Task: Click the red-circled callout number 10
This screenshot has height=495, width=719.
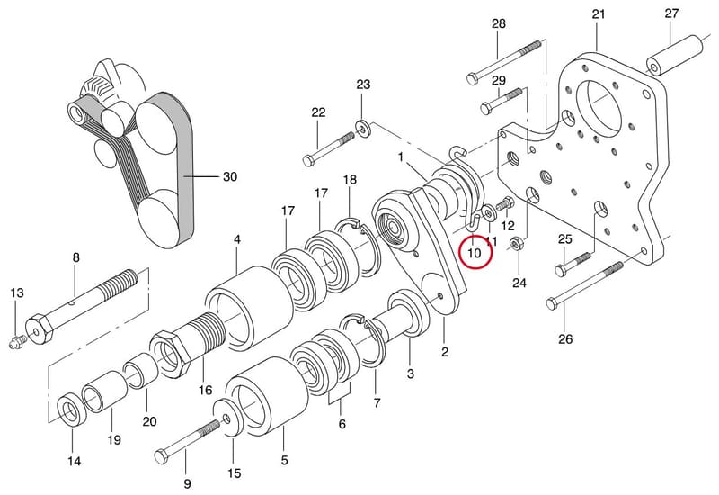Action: (x=475, y=252)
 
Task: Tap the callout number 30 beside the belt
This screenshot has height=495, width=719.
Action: (x=230, y=176)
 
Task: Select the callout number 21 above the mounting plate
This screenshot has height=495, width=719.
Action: (x=599, y=14)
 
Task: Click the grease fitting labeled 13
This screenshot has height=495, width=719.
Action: (x=16, y=342)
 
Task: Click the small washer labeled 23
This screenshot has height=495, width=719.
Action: (x=363, y=129)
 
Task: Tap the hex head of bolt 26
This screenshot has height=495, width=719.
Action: (x=553, y=304)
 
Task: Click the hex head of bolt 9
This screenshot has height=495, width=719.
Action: (x=162, y=456)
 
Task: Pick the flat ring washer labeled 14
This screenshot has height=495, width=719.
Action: (x=70, y=409)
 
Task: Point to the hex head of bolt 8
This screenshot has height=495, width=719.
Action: (x=40, y=328)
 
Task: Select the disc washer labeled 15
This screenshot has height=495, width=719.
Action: (x=229, y=418)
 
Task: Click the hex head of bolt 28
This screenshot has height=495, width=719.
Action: (x=473, y=77)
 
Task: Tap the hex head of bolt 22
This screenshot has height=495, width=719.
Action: (x=308, y=160)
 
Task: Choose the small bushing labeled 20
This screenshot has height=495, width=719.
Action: (x=141, y=370)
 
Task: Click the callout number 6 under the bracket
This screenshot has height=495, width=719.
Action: (x=342, y=424)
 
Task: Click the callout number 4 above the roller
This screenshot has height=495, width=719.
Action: (x=236, y=239)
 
